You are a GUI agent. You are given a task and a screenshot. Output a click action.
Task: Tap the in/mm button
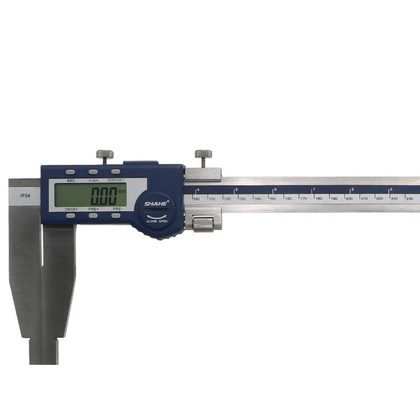pos(93,172)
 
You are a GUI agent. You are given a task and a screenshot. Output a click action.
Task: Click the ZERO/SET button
pos(115,172)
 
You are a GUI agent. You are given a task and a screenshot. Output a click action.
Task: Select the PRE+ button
pos(93,215)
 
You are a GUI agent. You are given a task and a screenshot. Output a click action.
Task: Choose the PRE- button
pos(116,215)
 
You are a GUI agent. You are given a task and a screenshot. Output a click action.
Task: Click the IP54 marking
pos(25,195)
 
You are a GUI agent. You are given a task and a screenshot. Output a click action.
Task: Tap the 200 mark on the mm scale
pos(349,198)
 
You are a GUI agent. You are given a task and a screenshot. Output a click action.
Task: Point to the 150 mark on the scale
pos(272,198)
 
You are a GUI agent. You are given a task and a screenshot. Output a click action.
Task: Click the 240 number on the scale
pos(410,198)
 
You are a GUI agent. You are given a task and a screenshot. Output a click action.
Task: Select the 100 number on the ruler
pos(196,198)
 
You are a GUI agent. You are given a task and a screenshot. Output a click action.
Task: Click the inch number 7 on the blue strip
pos(314,189)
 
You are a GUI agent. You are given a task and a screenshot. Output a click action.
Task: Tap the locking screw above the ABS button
pos(104,154)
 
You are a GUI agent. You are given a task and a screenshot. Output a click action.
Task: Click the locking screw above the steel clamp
pos(203,154)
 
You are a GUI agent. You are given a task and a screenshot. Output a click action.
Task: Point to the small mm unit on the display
pos(122,191)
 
